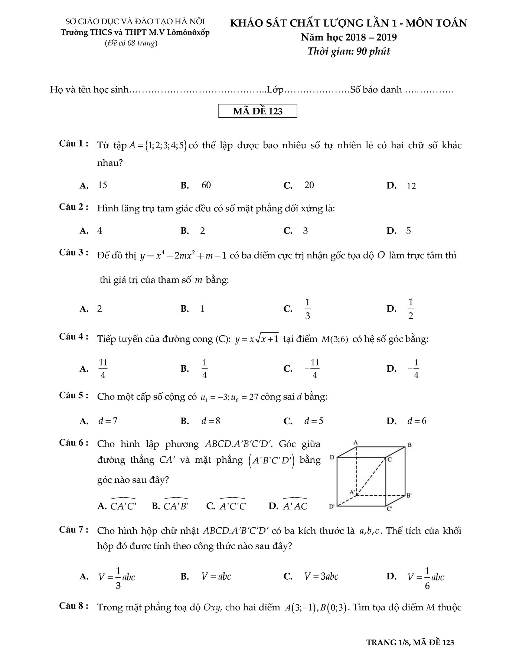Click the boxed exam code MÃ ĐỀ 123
pos(258,111)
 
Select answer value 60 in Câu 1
pos(206,185)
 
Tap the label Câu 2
pos(74,207)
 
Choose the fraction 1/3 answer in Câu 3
pos(307,309)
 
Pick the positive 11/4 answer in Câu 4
pos(103,368)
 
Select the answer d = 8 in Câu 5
pos(211,421)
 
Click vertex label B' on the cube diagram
pos(409,495)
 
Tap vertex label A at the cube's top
pos(355,442)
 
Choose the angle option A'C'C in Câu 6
pos(232,506)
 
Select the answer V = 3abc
pos(321,576)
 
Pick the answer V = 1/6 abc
pos(425,577)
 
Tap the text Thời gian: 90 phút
pos(349,51)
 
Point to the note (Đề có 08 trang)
pos(131,43)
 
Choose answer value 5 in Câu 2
pos(408,231)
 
